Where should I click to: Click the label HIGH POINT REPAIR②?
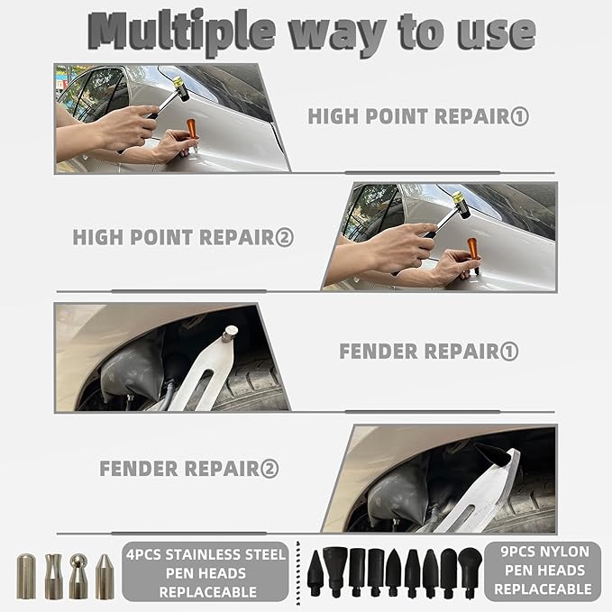click(183, 238)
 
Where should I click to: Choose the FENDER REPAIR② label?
click(189, 469)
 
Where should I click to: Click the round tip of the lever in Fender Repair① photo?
click(231, 334)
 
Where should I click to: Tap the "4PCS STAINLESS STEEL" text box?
click(206, 572)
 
